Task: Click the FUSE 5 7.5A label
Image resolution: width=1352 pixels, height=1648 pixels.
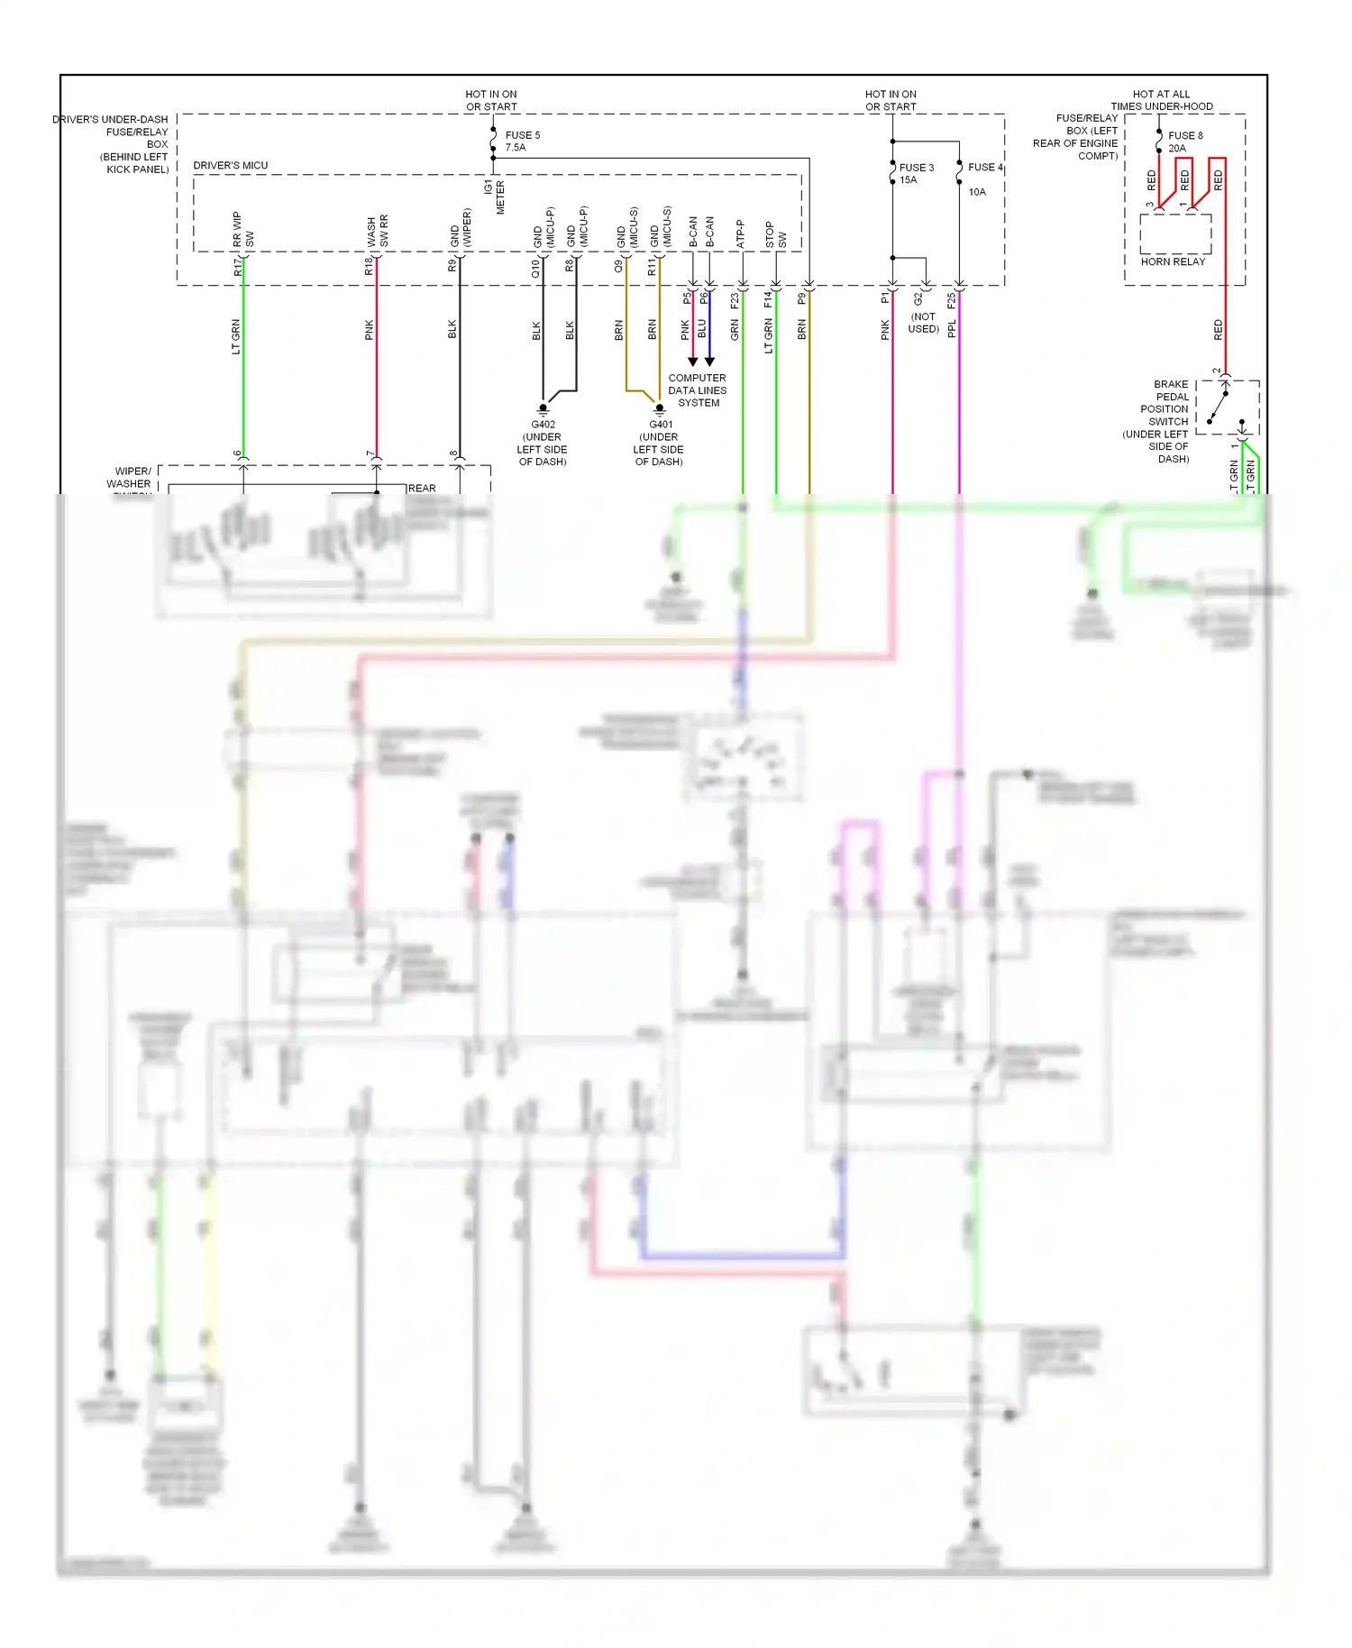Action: pos(522,142)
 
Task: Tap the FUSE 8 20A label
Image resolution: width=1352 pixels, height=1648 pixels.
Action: pos(1184,142)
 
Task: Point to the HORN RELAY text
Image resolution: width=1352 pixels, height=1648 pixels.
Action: pos(1173,261)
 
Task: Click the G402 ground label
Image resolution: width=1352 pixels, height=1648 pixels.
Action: pos(543,443)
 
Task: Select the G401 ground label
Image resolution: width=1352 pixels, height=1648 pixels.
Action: pos(659,443)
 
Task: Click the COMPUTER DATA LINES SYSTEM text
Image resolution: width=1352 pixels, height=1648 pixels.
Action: pos(697,390)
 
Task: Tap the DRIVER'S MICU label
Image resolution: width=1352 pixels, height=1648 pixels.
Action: pos(231,165)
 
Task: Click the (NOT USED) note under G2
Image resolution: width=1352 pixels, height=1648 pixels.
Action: pos(923,323)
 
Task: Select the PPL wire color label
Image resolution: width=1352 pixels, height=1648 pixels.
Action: pos(952,329)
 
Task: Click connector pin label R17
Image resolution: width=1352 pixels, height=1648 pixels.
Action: pos(237,267)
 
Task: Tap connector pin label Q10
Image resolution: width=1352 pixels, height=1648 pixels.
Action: pos(535,267)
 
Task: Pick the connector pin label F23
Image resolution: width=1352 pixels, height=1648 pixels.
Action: pos(735,300)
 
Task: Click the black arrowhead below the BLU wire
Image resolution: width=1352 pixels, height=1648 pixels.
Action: pos(709,362)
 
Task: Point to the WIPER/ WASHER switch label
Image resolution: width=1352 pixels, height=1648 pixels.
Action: pos(130,478)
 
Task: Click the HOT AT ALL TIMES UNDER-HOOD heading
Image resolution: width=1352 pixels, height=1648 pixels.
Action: pos(1161,100)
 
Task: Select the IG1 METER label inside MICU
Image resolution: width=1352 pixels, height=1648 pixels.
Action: pos(494,197)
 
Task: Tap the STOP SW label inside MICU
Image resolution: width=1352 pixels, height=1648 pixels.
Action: pos(775,235)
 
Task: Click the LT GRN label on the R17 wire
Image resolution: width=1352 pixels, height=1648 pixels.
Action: pos(236,336)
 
